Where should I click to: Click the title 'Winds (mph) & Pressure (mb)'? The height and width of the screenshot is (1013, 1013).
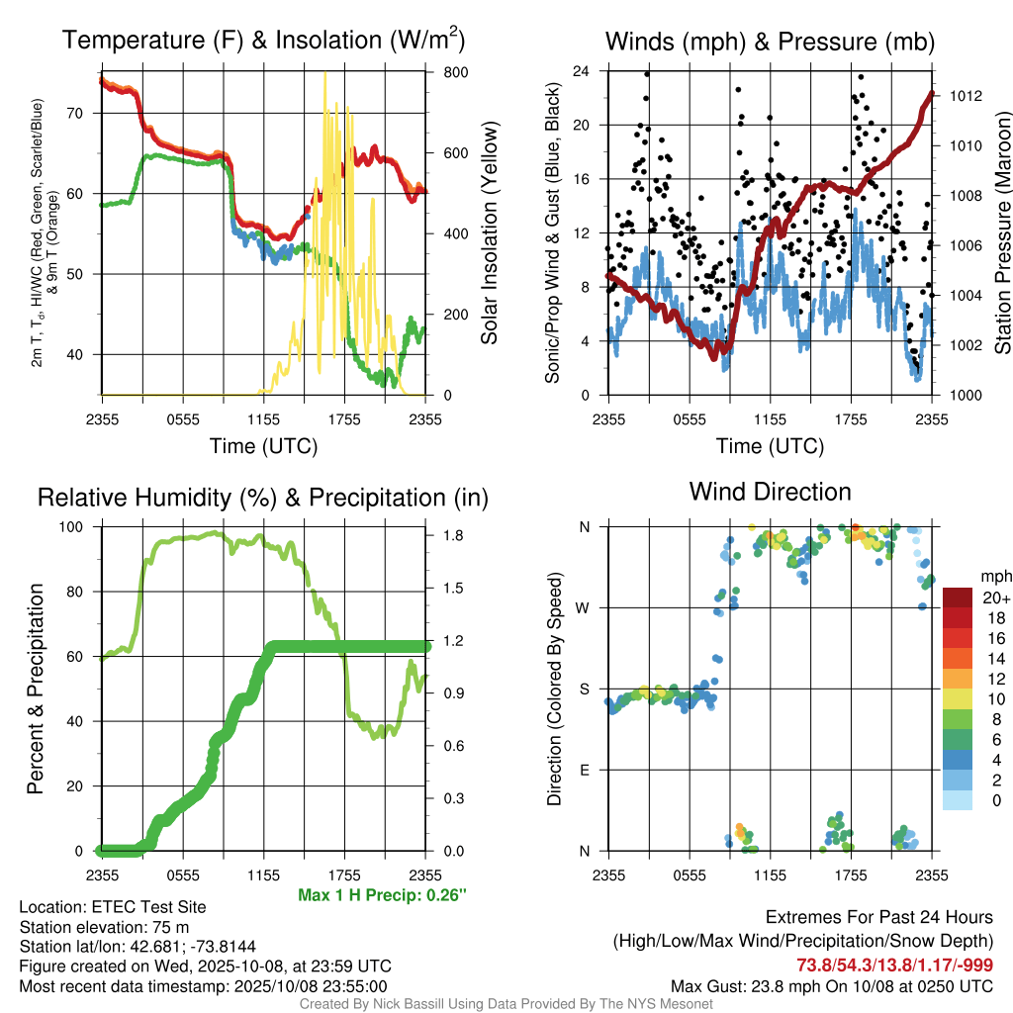click(x=770, y=42)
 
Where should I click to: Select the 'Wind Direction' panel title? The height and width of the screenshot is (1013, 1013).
click(x=770, y=492)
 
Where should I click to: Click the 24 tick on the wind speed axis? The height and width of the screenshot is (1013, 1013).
click(x=582, y=71)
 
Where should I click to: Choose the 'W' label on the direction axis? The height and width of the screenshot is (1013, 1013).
click(x=584, y=607)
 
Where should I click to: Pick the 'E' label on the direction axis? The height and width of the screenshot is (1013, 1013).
click(x=584, y=770)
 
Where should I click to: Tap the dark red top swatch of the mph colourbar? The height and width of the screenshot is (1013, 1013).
click(x=958, y=598)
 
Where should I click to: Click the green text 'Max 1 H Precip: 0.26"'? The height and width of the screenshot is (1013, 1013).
click(x=382, y=895)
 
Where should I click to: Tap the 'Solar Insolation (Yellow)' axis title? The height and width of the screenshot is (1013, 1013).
click(x=489, y=233)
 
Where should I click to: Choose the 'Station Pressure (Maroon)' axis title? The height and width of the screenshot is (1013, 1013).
click(x=1001, y=233)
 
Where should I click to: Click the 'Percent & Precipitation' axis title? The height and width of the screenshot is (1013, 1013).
click(x=36, y=689)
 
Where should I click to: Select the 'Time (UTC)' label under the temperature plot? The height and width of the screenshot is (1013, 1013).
click(x=263, y=446)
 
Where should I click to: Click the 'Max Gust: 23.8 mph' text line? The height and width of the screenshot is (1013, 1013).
click(x=832, y=985)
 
